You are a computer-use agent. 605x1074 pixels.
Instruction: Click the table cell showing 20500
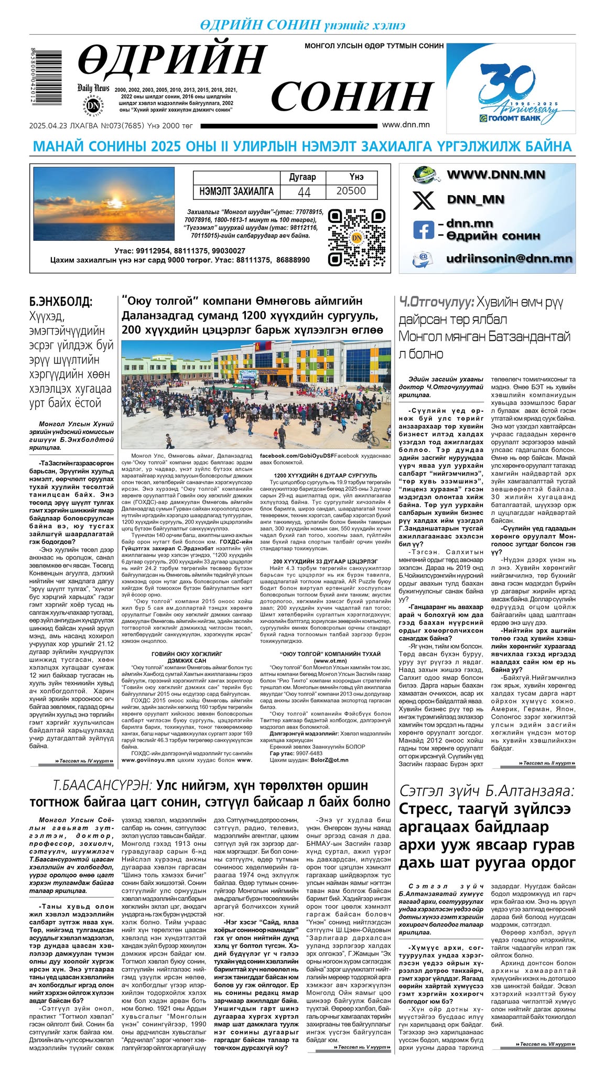click(351, 191)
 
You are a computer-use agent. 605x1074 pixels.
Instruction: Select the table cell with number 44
click(304, 192)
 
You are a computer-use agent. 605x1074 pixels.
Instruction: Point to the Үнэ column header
click(356, 177)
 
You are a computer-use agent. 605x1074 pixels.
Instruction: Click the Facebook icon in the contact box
click(424, 229)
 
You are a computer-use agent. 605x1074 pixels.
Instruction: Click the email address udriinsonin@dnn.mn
click(509, 259)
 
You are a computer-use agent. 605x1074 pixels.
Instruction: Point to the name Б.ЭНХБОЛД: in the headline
click(61, 302)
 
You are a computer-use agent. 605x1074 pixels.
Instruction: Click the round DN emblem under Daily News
click(93, 105)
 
